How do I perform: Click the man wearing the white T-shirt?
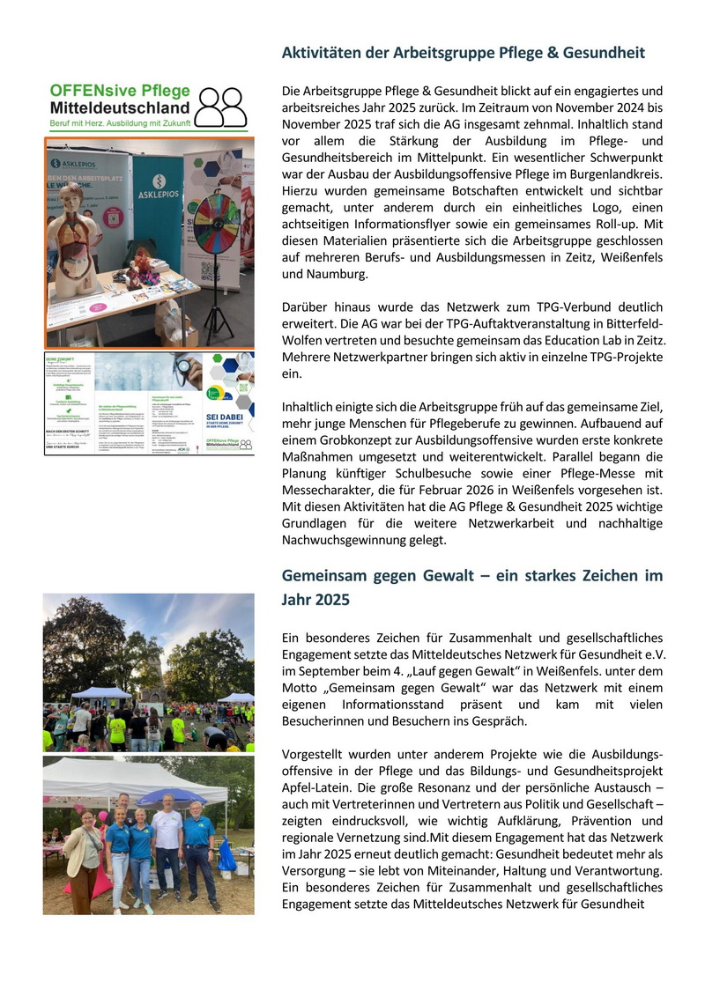168,846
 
